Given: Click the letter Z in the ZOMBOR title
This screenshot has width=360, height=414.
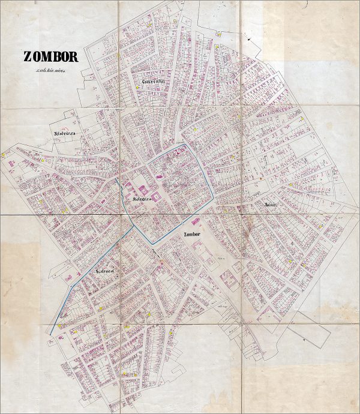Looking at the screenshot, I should [x=28, y=57].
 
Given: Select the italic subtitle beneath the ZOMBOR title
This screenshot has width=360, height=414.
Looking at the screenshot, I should [x=50, y=71].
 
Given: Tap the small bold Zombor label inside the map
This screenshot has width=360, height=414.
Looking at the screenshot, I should [x=193, y=234].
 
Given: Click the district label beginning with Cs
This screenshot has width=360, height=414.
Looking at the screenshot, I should [x=154, y=81].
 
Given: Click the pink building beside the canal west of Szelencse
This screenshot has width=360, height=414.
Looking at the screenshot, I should [x=70, y=277].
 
